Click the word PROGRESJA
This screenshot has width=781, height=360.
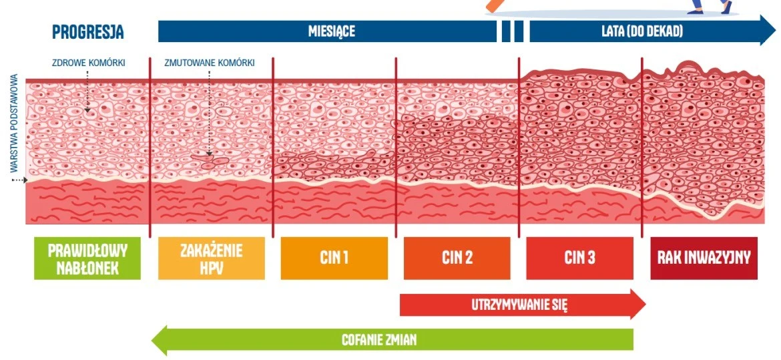point(87,32)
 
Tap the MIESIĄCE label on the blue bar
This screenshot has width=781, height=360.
point(331,31)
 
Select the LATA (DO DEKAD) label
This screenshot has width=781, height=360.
point(641,31)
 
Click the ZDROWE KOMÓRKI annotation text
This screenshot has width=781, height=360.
point(89,63)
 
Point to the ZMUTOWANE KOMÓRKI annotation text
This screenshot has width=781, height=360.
point(210,63)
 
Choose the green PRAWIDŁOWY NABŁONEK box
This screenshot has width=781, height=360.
point(87,258)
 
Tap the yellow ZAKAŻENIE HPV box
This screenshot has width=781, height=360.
point(211,258)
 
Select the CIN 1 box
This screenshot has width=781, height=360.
point(334,258)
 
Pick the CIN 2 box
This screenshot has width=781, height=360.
point(457,258)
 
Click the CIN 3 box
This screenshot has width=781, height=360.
point(580,258)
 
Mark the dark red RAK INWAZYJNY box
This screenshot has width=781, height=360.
point(704,258)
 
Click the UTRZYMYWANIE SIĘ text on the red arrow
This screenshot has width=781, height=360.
point(519,305)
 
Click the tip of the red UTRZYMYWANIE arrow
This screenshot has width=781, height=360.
point(645,304)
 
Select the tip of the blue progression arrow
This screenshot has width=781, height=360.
point(776,31)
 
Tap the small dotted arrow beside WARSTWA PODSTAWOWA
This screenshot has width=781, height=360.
point(19,180)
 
